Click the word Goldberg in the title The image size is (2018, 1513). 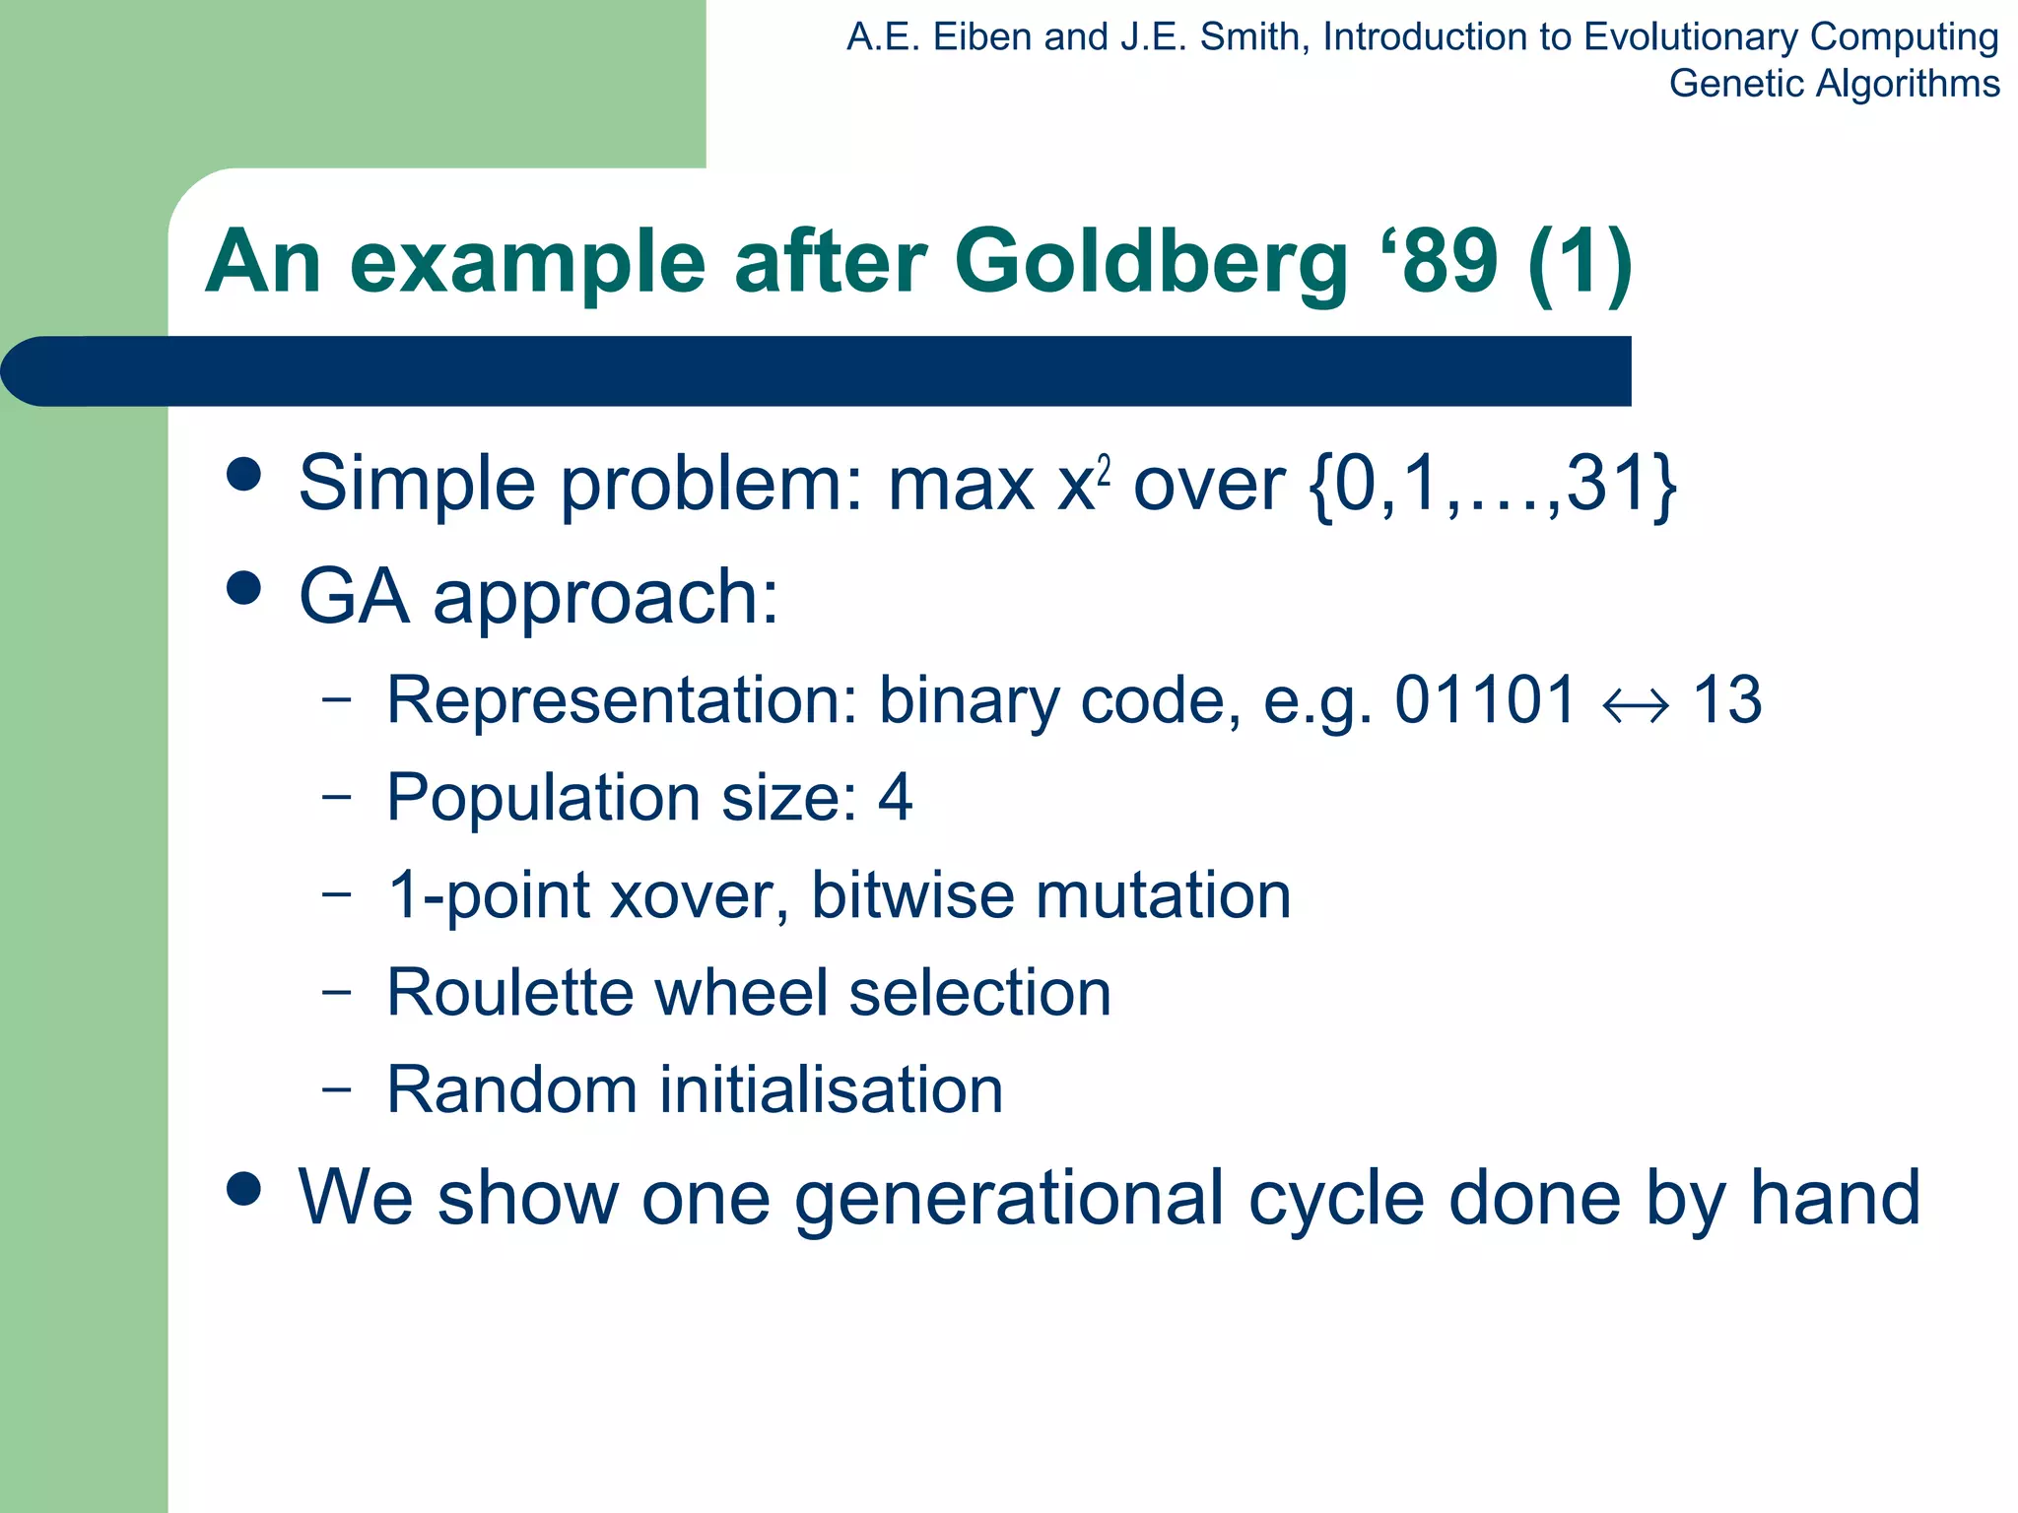pos(1151,264)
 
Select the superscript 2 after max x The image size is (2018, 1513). pos(1105,472)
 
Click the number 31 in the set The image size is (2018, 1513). pos(1607,485)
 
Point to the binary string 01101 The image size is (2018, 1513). pos(1485,700)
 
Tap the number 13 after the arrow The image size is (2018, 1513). pos(1727,700)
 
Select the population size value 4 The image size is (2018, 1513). pos(895,797)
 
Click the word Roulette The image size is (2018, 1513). pos(509,992)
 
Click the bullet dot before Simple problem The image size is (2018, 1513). pos(243,475)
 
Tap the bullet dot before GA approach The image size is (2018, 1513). pos(243,588)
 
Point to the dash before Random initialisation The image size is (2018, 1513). pos(336,1089)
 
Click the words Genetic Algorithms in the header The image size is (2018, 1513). pos(1834,84)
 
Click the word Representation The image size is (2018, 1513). pos(622,700)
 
